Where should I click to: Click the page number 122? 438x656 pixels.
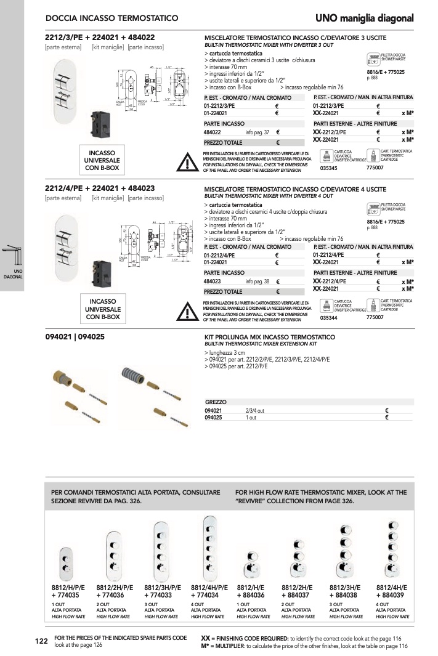click(41, 642)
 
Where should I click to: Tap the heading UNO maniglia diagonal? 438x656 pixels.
click(365, 18)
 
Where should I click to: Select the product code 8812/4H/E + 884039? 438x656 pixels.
click(392, 591)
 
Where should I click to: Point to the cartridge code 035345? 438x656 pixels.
click(330, 168)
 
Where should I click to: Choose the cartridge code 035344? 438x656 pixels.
click(330, 317)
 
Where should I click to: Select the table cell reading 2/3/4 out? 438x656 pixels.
click(254, 410)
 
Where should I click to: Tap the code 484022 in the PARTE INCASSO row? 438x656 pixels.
click(213, 132)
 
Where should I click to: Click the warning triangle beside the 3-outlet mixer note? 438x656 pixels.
click(185, 162)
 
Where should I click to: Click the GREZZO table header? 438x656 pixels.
click(216, 402)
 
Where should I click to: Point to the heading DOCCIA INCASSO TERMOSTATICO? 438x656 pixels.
click(112, 18)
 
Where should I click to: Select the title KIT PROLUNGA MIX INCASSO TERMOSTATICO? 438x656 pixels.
click(269, 338)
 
